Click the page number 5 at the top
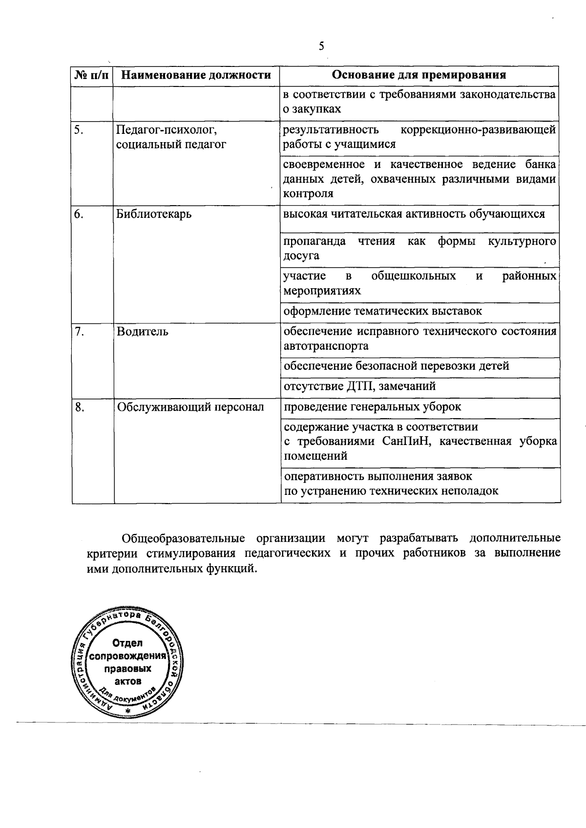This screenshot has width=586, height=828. [x=321, y=46]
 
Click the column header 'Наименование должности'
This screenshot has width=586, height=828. [x=196, y=75]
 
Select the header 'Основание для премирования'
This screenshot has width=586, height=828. [x=419, y=75]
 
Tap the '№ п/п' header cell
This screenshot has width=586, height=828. [x=92, y=75]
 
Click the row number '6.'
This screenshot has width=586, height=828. [x=79, y=214]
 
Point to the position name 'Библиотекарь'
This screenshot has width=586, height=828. [x=154, y=214]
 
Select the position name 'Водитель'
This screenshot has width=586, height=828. [x=143, y=332]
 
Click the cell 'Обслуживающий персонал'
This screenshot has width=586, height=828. [x=190, y=407]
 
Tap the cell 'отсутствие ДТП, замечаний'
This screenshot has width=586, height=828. [x=359, y=386]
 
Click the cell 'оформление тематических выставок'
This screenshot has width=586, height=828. [x=383, y=311]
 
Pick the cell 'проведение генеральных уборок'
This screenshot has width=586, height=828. [x=372, y=407]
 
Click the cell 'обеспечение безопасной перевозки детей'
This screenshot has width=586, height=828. [x=396, y=366]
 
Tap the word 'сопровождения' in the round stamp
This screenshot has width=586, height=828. [x=128, y=656]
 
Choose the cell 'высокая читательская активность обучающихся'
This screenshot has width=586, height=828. [x=414, y=214]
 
